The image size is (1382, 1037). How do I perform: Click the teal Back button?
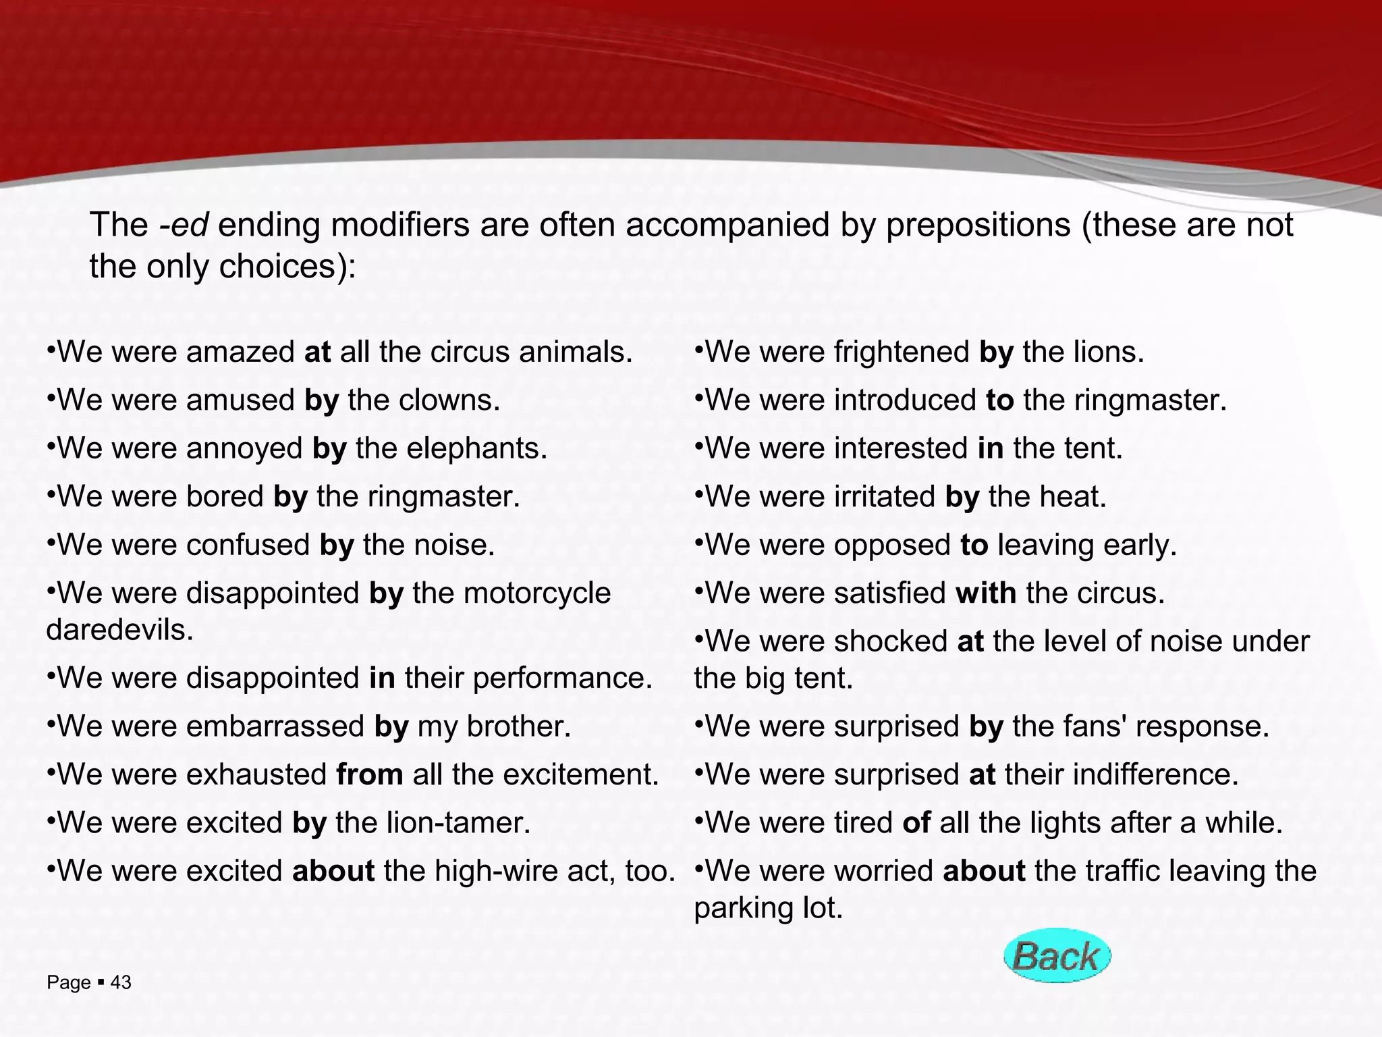[1057, 956]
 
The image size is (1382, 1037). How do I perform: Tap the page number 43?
[121, 983]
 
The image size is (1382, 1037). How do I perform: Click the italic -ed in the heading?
[183, 225]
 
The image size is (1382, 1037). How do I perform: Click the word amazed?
[240, 352]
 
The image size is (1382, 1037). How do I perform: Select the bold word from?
[370, 774]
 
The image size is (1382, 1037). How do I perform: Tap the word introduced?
[905, 400]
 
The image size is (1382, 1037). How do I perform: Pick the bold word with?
[986, 593]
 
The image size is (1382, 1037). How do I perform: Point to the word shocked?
[891, 641]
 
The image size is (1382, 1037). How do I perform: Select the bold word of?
[916, 823]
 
